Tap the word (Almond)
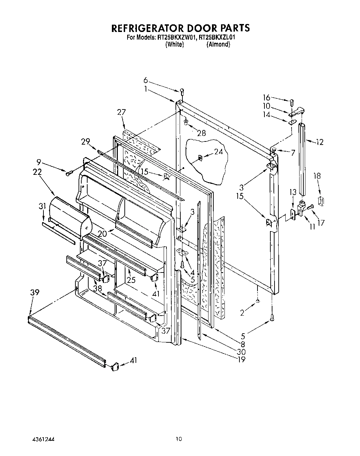[218, 44]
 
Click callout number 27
[122, 112]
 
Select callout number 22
[38, 172]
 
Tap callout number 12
[319, 142]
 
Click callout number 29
[85, 141]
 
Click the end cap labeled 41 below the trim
[115, 366]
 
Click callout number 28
[201, 133]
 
